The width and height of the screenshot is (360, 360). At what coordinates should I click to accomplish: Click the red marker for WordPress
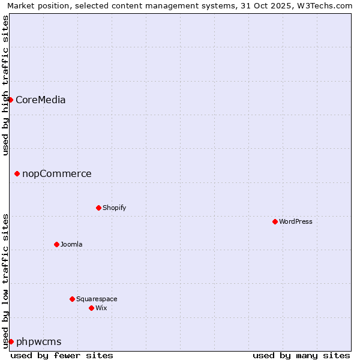click(x=275, y=221)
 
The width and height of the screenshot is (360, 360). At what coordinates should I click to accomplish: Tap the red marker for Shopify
click(x=98, y=208)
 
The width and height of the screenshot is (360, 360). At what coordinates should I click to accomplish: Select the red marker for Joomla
click(x=56, y=244)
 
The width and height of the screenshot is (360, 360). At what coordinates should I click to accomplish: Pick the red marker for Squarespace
click(x=72, y=299)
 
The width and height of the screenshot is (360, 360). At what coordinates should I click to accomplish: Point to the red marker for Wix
click(x=91, y=308)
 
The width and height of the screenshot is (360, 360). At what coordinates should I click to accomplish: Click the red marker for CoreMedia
click(x=11, y=100)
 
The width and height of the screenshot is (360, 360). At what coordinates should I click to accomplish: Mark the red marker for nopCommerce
click(x=17, y=173)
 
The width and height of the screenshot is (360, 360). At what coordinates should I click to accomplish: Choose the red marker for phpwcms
click(x=11, y=341)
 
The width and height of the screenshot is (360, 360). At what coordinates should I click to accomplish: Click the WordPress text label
click(x=296, y=221)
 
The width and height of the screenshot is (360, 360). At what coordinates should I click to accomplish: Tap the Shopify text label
click(x=114, y=208)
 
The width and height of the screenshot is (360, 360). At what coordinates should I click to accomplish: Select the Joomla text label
click(x=71, y=244)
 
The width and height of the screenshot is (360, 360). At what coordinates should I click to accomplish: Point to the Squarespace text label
click(x=97, y=299)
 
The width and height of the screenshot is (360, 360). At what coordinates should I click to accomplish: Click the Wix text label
click(x=101, y=308)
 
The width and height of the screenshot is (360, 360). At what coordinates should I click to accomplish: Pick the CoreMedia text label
click(x=40, y=100)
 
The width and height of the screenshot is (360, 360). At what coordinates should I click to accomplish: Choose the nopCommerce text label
click(x=57, y=173)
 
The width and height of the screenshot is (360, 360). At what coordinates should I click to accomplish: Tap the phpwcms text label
click(x=38, y=341)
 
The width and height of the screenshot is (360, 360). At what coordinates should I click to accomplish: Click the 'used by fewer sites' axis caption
click(x=62, y=355)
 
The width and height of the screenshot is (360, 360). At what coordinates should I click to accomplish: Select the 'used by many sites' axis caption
click(x=301, y=355)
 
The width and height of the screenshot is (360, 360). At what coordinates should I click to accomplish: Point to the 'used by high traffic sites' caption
click(x=5, y=85)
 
